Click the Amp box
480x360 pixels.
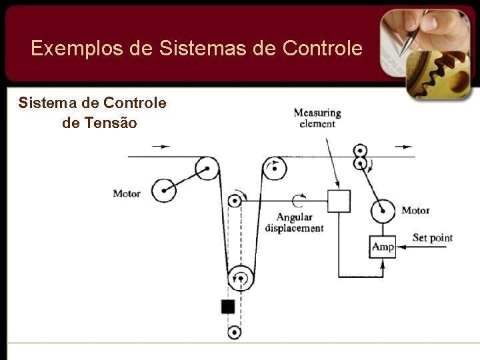point(383,247)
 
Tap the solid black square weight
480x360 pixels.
point(228,307)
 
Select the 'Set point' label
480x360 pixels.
point(432,238)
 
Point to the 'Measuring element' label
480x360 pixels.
point(317,118)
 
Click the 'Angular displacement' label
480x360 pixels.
point(294,223)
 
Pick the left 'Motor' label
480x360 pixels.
point(127,194)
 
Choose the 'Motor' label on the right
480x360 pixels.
point(415,211)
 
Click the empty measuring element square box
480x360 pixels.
point(339,201)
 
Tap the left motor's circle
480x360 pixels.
point(163,191)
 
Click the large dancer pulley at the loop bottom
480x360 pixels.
point(241,278)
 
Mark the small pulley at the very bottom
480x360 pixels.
point(234,332)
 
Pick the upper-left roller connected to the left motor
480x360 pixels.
point(207,168)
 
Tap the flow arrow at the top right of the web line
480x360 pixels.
point(403,147)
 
